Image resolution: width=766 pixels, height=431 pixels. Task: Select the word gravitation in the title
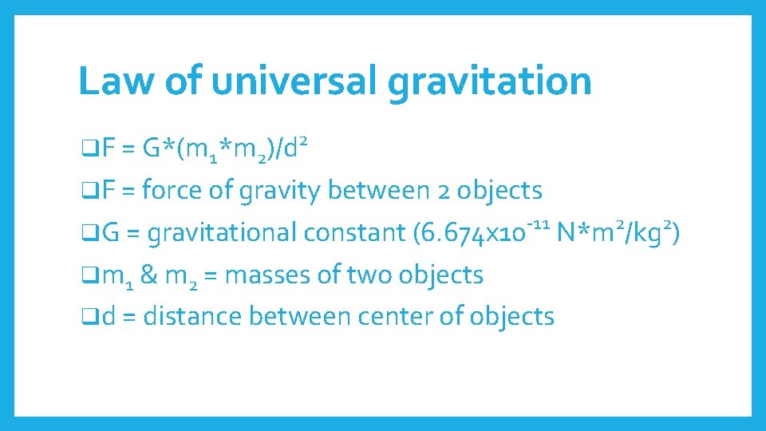click(490, 82)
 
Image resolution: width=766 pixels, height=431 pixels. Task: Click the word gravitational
click(223, 233)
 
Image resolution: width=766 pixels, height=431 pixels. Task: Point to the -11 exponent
click(539, 224)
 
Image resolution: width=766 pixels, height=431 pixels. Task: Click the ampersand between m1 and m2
click(148, 275)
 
